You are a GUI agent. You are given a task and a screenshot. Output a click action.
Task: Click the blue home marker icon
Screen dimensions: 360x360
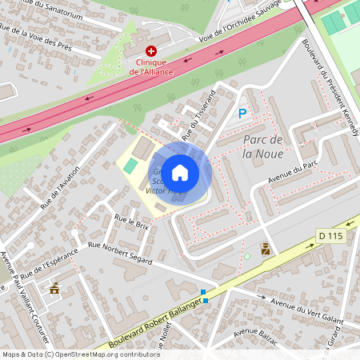pos(180,172)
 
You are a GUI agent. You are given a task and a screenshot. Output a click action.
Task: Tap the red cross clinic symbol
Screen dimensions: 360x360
pos(150,50)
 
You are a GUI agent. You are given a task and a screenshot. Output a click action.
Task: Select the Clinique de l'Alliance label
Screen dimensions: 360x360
pos(162,66)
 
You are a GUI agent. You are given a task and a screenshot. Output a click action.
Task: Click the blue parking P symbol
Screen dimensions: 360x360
pos(242,114)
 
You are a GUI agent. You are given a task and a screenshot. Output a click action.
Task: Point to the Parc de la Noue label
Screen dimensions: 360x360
pos(263,146)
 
